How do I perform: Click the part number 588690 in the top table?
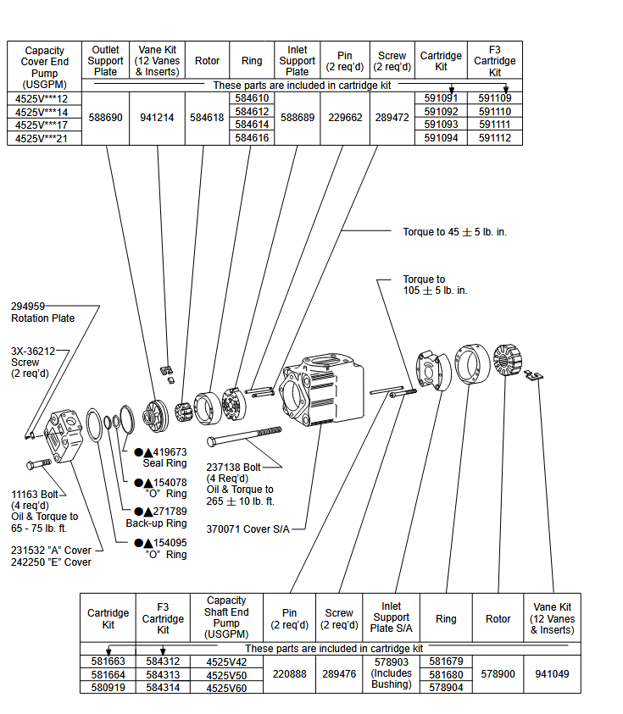click(106, 118)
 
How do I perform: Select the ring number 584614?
click(252, 125)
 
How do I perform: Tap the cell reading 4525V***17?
click(42, 125)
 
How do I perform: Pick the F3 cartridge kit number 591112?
click(494, 138)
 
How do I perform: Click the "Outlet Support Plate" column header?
click(106, 60)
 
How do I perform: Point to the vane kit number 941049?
click(553, 674)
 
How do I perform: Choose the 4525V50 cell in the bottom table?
click(226, 675)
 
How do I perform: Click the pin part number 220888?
click(290, 674)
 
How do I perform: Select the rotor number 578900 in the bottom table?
click(498, 674)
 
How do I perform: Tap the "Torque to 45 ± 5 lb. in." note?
click(454, 231)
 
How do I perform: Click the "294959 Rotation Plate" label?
click(42, 313)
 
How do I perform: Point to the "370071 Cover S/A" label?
click(248, 529)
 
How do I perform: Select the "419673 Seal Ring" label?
click(164, 457)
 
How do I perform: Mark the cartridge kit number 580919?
click(108, 688)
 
